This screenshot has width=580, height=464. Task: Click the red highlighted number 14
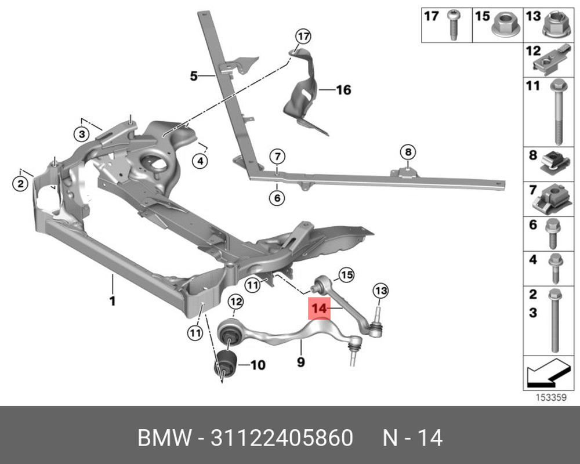[320, 308]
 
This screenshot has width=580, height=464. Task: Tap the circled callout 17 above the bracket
[303, 37]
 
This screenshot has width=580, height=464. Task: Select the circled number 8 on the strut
[408, 152]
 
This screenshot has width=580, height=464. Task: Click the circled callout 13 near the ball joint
[380, 291]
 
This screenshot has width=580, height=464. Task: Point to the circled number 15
[347, 275]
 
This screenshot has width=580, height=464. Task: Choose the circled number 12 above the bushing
[235, 302]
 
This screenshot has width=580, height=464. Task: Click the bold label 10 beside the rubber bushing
[258, 365]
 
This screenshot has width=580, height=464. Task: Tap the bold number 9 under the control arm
[300, 362]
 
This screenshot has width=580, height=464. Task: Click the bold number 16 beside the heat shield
[343, 89]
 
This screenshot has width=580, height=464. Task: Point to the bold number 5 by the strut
[194, 76]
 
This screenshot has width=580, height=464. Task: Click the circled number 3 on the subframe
[82, 134]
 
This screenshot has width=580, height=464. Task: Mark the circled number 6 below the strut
[277, 198]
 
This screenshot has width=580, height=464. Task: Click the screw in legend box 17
[453, 25]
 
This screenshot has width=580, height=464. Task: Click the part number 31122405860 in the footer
[282, 438]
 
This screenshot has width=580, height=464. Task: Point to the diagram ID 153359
[551, 397]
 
